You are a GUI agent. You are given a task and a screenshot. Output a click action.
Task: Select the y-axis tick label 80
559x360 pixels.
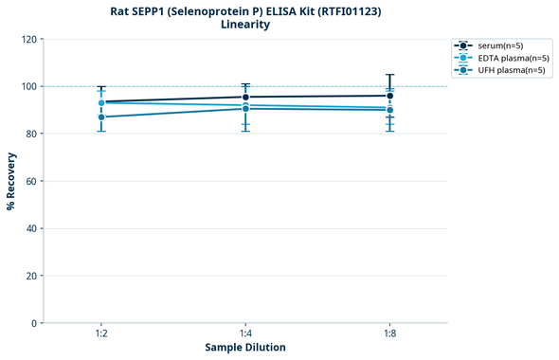[x=29, y=134]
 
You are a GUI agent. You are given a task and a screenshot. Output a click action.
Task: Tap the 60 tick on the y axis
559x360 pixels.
[x=29, y=181]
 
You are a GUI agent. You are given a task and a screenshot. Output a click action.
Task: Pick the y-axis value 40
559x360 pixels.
[x=29, y=228]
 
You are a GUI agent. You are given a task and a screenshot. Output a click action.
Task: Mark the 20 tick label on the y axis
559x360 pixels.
[x=29, y=276]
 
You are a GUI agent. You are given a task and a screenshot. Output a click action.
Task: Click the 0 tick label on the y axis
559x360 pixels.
[x=32, y=323]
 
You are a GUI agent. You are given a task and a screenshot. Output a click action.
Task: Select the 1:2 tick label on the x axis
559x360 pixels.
[x=101, y=334]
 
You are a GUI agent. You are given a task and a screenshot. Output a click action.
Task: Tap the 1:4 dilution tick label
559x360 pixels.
[x=245, y=334]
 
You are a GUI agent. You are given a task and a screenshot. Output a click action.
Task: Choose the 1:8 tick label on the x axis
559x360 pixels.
[x=390, y=334]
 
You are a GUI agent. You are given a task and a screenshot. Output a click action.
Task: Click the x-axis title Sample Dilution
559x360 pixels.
[x=245, y=348]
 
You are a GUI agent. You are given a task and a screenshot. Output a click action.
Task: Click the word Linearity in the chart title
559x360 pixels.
[x=245, y=25]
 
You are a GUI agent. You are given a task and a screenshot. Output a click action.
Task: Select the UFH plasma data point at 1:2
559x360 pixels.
[x=101, y=117]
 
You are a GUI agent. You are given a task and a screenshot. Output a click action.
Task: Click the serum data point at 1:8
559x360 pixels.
[x=390, y=96]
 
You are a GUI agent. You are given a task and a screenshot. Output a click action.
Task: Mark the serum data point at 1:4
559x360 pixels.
[x=245, y=97]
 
